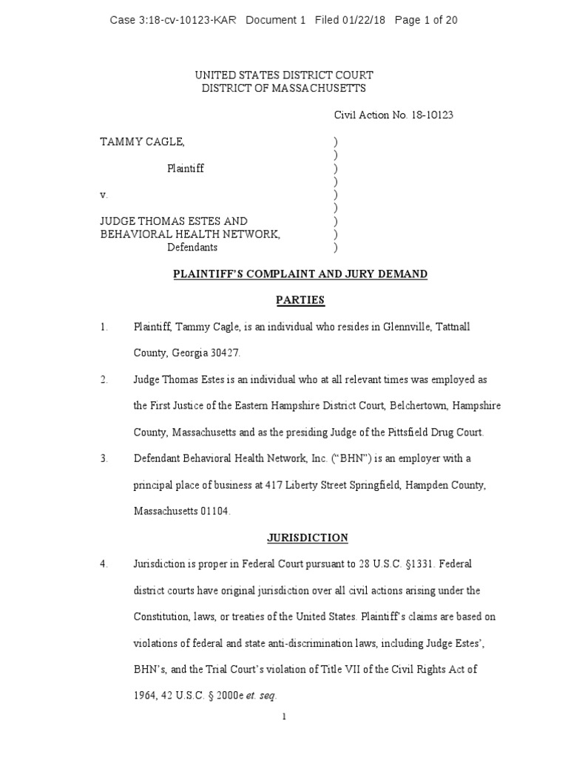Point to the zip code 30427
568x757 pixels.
click(226, 353)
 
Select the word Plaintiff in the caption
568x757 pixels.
click(185, 169)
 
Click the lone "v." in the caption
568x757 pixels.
click(104, 195)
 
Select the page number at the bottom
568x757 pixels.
click(283, 716)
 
